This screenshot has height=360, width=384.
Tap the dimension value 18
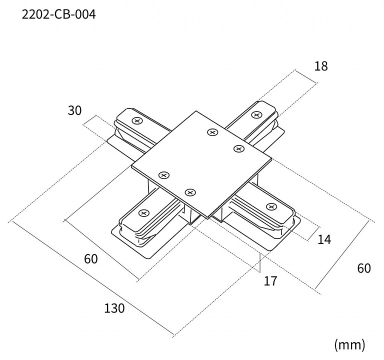click(x=321, y=66)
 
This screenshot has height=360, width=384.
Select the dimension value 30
click(x=74, y=110)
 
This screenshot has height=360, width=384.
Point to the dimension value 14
click(x=324, y=239)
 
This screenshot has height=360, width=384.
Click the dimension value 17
click(x=270, y=281)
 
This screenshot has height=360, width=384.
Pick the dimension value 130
click(x=114, y=308)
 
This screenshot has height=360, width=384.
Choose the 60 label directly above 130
click(x=90, y=259)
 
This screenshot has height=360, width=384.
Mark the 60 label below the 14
click(x=364, y=268)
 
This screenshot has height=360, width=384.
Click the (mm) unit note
click(x=349, y=344)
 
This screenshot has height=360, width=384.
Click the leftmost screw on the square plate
click(x=163, y=174)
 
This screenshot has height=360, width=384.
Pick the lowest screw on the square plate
click(x=189, y=192)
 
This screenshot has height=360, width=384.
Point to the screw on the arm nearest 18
click(x=256, y=114)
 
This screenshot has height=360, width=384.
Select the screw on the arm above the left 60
click(x=143, y=213)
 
